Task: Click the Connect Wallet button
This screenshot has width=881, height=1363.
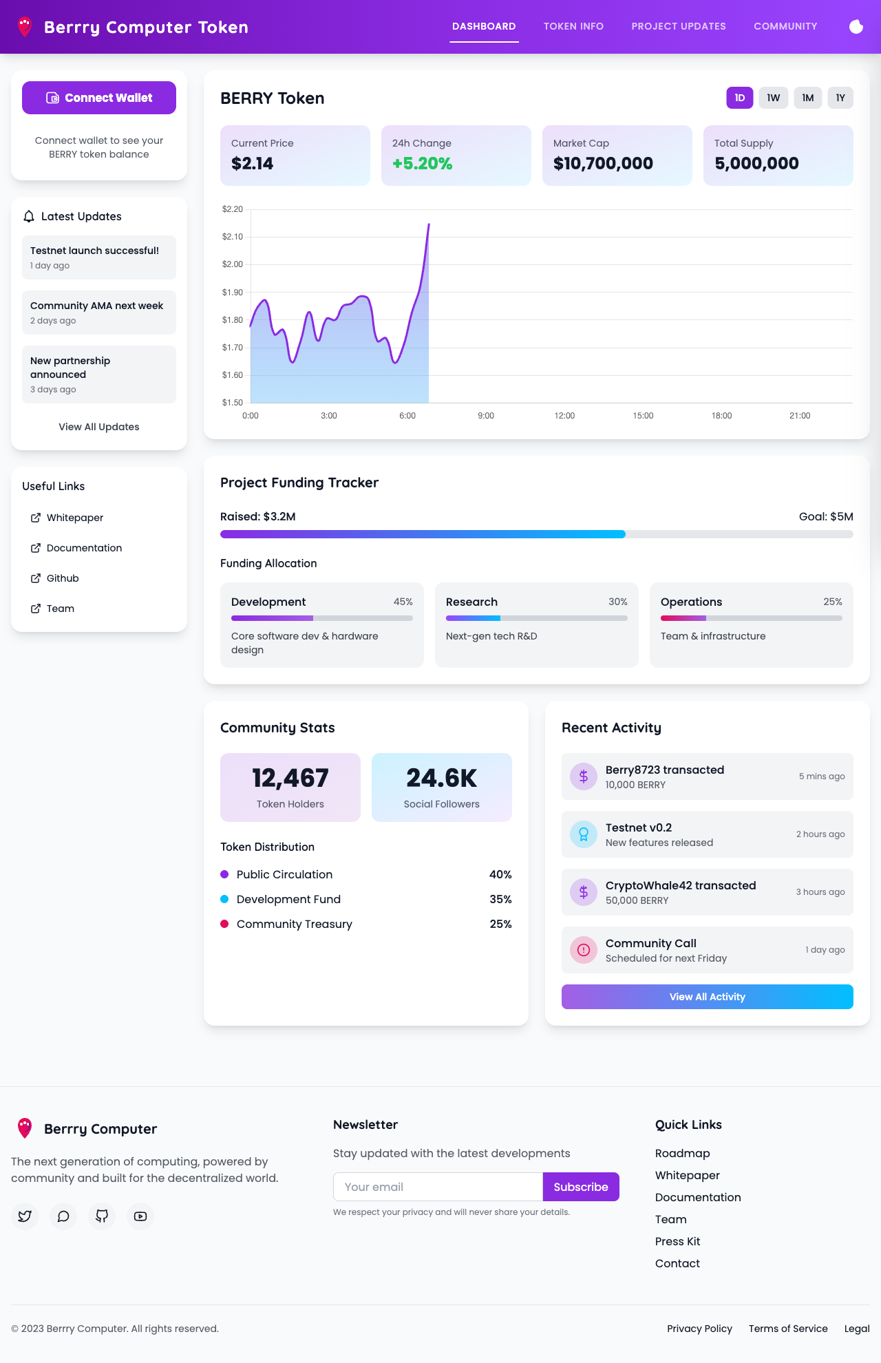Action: (x=99, y=98)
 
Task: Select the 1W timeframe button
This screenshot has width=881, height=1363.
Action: (x=774, y=98)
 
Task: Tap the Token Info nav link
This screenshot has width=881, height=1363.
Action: (x=573, y=26)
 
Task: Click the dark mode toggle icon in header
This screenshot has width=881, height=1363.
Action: (x=856, y=26)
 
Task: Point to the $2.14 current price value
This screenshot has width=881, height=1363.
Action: (x=253, y=163)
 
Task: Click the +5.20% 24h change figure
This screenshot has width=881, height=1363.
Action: (x=422, y=163)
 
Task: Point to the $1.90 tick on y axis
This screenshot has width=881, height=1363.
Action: (x=233, y=293)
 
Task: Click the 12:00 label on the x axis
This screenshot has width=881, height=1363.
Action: (x=564, y=416)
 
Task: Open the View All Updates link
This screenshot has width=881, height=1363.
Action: (x=99, y=427)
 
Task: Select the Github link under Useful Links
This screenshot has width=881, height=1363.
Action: (x=63, y=578)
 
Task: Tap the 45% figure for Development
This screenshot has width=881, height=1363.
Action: (x=403, y=602)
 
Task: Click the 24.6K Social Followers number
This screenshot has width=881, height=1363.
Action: (x=441, y=778)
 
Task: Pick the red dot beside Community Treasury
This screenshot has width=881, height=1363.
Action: (x=224, y=924)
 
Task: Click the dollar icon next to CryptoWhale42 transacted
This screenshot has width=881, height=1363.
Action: (x=584, y=892)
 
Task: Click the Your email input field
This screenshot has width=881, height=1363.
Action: (x=438, y=1187)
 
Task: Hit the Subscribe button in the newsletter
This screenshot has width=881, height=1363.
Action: (x=581, y=1187)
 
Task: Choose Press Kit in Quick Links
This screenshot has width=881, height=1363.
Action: (x=677, y=1241)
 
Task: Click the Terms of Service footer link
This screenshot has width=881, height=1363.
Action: (x=788, y=1329)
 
